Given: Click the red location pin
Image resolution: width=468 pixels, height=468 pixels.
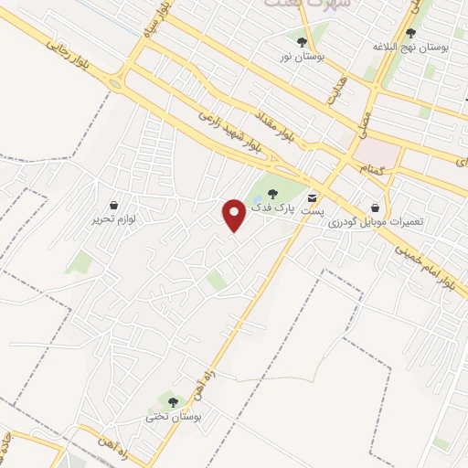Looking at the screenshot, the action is pos(234,214).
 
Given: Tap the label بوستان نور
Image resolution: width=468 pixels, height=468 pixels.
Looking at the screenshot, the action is pos(302,57).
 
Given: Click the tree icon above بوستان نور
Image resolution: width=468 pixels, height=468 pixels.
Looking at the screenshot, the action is pos(302,41).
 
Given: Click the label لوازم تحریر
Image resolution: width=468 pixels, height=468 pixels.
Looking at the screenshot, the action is pos(112,220).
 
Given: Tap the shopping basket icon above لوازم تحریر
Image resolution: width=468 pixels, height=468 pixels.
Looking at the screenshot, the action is pos(112,205).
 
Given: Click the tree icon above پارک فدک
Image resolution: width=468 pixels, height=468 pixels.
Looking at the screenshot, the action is pos(271,193).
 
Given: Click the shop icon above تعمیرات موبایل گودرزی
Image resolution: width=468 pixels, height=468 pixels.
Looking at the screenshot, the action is pos(376,207).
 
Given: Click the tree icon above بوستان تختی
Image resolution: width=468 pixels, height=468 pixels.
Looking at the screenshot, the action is pos(173,401).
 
